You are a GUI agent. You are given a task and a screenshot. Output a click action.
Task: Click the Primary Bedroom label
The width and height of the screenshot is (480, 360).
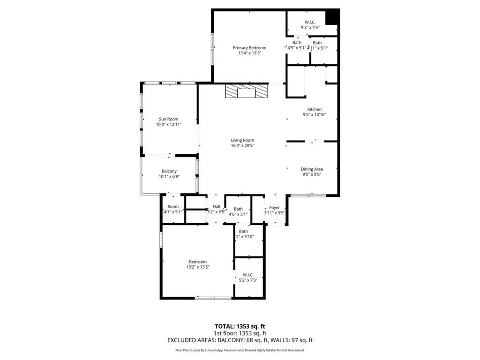click(x=249, y=48)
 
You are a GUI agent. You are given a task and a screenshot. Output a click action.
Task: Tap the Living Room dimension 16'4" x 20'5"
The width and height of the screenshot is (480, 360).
click(x=242, y=146)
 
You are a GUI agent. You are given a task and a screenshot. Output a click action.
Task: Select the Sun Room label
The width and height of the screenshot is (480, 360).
click(x=169, y=119)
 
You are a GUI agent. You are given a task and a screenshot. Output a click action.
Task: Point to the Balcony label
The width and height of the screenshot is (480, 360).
click(x=169, y=171)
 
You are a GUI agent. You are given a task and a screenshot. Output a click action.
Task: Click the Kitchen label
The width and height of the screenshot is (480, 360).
click(x=314, y=109)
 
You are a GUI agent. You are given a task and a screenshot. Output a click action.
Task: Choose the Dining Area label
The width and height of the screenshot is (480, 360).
click(x=312, y=169)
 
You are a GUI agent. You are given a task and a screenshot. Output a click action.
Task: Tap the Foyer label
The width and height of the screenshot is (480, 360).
click(x=274, y=207)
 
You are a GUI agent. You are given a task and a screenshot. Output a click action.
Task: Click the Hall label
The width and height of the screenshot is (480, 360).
click(x=216, y=206)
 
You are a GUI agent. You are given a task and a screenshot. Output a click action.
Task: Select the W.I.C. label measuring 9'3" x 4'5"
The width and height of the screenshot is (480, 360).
click(x=310, y=22)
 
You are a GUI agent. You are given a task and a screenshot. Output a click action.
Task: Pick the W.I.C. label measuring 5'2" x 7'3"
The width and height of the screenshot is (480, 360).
click(x=248, y=275)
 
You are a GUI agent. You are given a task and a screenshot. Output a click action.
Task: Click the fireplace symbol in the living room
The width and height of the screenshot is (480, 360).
click(x=246, y=91)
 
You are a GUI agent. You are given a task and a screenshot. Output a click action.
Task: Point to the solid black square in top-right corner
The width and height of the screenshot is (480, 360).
click(x=332, y=16)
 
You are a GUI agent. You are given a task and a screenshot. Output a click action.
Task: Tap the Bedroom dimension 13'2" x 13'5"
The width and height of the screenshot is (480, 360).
click(x=197, y=267)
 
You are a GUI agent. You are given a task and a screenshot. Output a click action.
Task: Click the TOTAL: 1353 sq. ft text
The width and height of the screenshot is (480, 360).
click(x=240, y=326)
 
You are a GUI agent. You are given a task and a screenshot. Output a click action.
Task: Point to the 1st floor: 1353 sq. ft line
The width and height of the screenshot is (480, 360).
click(x=240, y=333)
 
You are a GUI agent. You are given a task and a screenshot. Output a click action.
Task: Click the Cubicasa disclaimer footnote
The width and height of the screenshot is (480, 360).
click(x=240, y=350)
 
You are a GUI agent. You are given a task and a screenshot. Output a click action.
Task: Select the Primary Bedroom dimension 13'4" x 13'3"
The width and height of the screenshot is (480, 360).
click(x=249, y=53)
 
